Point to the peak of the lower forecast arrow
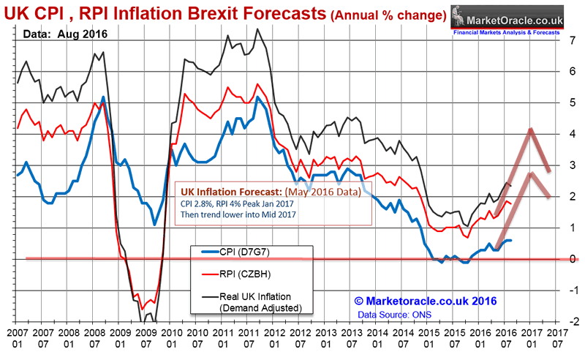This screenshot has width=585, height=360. pyautogui.click(x=530, y=174)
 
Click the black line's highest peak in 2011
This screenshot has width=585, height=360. pyautogui.click(x=257, y=29)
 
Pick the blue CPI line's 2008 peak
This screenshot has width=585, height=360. pyautogui.click(x=103, y=97)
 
